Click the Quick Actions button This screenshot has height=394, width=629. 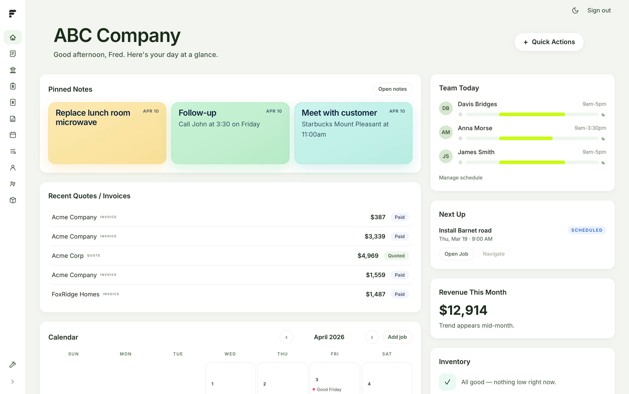[x=549, y=42]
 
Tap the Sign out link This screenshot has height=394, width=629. [x=599, y=10]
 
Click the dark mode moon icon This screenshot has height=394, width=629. [x=575, y=10]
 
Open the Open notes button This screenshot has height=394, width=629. [x=392, y=89]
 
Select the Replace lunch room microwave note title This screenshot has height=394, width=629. [x=93, y=118]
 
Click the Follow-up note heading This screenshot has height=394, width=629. [x=197, y=113]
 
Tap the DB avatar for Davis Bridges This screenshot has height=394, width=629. [x=446, y=108]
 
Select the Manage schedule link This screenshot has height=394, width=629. [x=461, y=178]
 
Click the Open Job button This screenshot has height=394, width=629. [x=456, y=254]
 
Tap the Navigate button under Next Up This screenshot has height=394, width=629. [x=493, y=254]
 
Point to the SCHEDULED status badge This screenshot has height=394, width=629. [x=587, y=230]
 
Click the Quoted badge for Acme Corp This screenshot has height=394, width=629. [x=396, y=256]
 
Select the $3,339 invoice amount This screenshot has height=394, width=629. [x=375, y=236]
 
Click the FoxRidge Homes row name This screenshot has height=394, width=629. [x=76, y=294]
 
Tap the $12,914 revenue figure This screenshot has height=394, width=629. [x=463, y=310]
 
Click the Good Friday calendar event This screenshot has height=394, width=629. [x=329, y=389]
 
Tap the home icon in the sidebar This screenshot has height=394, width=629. [x=13, y=37]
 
